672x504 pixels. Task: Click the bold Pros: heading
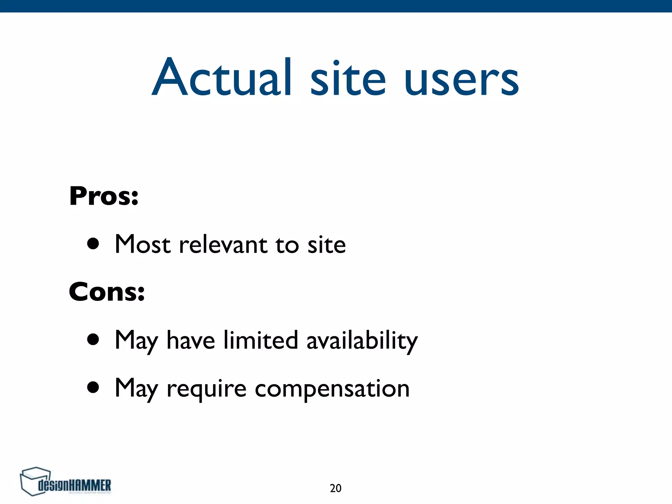click(x=104, y=196)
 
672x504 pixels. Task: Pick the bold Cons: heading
click(x=107, y=292)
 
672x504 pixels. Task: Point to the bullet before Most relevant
click(x=93, y=244)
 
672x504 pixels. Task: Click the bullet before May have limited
click(x=93, y=340)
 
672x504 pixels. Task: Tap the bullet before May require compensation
click(x=93, y=388)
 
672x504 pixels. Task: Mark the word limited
click(x=261, y=340)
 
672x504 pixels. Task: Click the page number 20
click(x=335, y=488)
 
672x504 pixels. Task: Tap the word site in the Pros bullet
click(x=326, y=245)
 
